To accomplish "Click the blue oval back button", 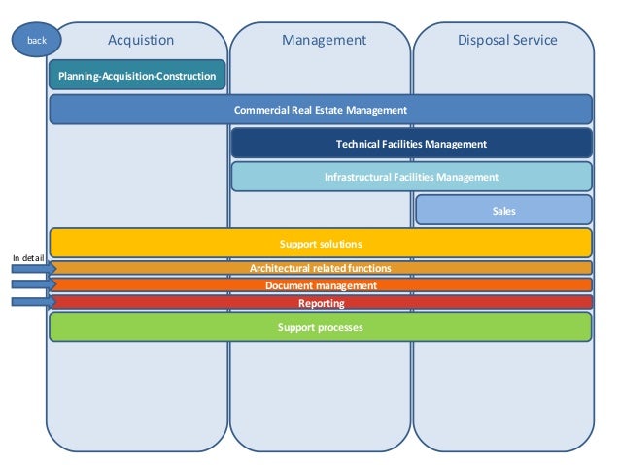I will click(36, 40).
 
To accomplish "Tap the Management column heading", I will click(324, 40).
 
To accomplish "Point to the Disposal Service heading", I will click(507, 40).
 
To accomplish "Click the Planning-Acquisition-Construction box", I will click(137, 76).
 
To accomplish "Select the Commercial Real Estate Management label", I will click(321, 110).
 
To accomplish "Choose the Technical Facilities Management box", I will click(411, 144).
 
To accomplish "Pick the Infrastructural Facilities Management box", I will click(411, 177).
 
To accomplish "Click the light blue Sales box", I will click(503, 210).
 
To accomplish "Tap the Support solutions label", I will click(321, 243).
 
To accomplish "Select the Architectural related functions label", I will click(321, 268).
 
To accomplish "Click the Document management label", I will click(321, 285).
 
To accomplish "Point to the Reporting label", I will click(321, 303).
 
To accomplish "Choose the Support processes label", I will click(321, 327).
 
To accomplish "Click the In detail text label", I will click(28, 257).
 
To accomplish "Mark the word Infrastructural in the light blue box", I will click(359, 177).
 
